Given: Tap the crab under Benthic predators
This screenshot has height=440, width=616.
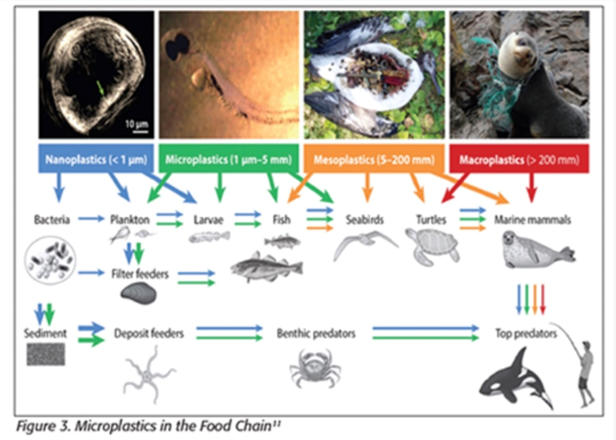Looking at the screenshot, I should (315, 368).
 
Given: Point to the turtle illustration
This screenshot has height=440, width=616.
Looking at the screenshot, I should (432, 246).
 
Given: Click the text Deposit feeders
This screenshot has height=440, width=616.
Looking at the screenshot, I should (149, 333).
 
